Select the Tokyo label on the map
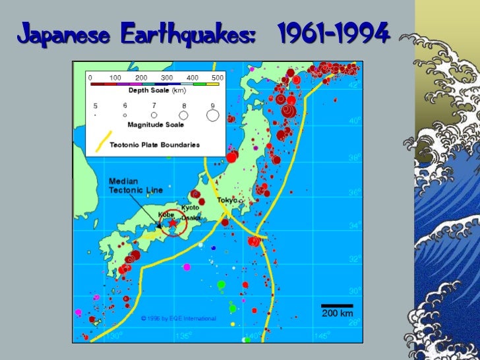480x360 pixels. [x=226, y=200]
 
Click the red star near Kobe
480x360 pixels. [x=173, y=224]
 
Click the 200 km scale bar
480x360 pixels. [x=337, y=306]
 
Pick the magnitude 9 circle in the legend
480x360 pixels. [x=212, y=115]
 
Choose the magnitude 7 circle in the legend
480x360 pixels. [x=154, y=115]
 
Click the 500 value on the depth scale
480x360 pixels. [x=217, y=77]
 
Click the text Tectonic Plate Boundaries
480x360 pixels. [x=154, y=145]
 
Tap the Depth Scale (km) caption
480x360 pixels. [x=157, y=90]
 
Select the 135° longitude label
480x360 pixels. [x=187, y=336]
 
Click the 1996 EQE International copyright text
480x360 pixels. [x=178, y=318]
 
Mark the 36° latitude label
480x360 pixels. [x=353, y=193]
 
